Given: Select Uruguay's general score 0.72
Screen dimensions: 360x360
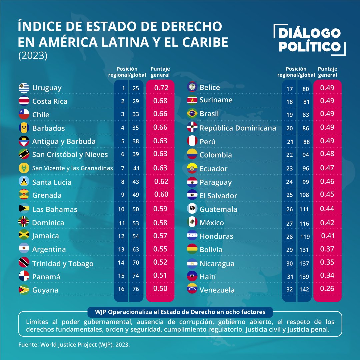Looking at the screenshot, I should point(161,88).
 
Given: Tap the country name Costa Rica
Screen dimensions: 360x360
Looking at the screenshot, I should point(50,101).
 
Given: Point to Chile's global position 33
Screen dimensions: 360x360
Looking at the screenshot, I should point(136,114).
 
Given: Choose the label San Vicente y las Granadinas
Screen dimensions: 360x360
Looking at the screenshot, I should point(72,168).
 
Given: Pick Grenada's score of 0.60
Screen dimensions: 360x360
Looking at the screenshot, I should point(161,194).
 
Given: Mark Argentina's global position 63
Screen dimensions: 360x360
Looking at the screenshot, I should point(136,249).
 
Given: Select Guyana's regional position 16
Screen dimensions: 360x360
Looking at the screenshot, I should point(121,289).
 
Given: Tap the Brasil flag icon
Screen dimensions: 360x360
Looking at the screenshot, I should point(192,113).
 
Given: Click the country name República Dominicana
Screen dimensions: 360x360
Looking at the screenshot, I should point(238,128).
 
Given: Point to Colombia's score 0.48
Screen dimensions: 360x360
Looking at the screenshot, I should point(327,155).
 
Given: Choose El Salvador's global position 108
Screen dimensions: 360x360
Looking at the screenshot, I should point(304,195).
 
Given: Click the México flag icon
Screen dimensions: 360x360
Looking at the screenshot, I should point(192,222).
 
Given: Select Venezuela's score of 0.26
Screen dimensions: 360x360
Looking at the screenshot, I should point(327,289).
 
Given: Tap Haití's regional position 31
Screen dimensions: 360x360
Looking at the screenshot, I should point(289,277).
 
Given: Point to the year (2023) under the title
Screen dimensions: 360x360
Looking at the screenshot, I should point(33,55).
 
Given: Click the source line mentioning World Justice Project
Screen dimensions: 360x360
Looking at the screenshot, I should point(74,345).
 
